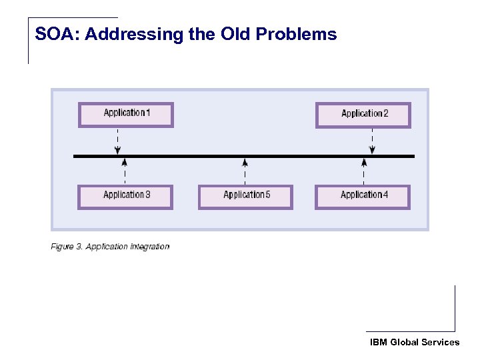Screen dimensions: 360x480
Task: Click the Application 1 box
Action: tap(126, 115)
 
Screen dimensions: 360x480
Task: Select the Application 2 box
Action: tap(363, 115)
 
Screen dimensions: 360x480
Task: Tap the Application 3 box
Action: tap(126, 197)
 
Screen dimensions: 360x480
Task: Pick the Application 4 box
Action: tap(363, 197)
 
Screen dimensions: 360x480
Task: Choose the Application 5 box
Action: tap(245, 197)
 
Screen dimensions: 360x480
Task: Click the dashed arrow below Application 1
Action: tap(118, 141)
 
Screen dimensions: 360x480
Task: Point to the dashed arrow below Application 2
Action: tap(372, 141)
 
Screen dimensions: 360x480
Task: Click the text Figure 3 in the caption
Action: tap(66, 247)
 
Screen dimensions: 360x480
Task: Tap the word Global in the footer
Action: tap(405, 342)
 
